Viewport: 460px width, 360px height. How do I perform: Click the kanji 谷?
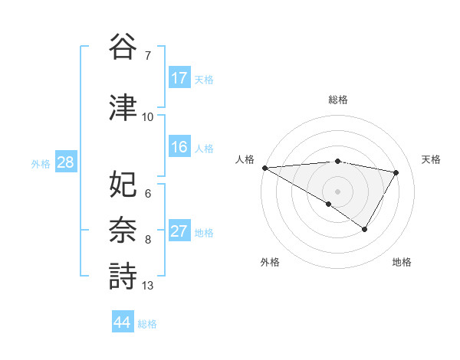123,47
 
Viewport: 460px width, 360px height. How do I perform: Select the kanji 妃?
123,185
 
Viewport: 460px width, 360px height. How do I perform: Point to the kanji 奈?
123,230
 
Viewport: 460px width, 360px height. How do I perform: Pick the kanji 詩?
123,276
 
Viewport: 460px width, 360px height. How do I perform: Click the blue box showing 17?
179,78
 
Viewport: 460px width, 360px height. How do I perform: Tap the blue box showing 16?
179,147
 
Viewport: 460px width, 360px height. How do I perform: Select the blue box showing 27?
179,231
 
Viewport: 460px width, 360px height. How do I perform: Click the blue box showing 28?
64,162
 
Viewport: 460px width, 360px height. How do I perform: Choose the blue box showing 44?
122,322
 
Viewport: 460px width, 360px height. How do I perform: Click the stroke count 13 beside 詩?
147,286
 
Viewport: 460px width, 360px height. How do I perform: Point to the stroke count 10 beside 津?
147,116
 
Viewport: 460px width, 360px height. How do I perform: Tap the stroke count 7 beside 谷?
147,56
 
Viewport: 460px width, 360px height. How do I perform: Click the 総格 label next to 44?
147,324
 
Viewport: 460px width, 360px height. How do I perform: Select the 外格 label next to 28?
40,163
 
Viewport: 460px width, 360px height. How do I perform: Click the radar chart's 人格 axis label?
245,159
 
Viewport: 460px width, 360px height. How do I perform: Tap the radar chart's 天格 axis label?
431,159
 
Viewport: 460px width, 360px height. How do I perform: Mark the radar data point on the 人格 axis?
264,168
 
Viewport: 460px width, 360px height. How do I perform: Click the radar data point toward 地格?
365,229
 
